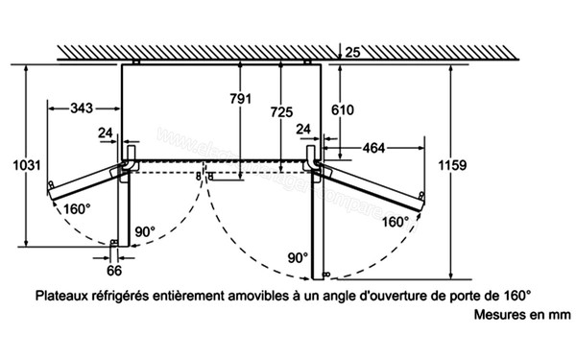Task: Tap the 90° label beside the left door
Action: [145, 231]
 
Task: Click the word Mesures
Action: [497, 315]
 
